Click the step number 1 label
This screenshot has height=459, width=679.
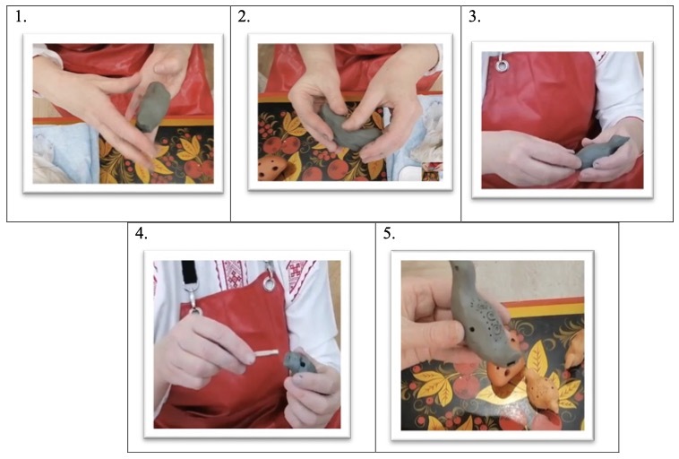tap(21, 17)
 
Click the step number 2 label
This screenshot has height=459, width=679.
tap(245, 17)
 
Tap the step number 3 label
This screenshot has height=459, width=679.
tap(475, 17)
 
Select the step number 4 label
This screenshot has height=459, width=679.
tap(142, 233)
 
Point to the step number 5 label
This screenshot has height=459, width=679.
tap(390, 233)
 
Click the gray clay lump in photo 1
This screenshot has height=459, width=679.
tap(154, 106)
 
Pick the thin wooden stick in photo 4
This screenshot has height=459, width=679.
tap(266, 353)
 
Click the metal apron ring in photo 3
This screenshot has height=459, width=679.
tap(503, 65)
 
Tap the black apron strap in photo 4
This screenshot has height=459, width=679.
tap(189, 272)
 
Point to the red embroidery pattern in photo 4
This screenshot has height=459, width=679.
tap(234, 274)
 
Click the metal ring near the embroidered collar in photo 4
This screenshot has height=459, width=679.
tap(269, 284)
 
